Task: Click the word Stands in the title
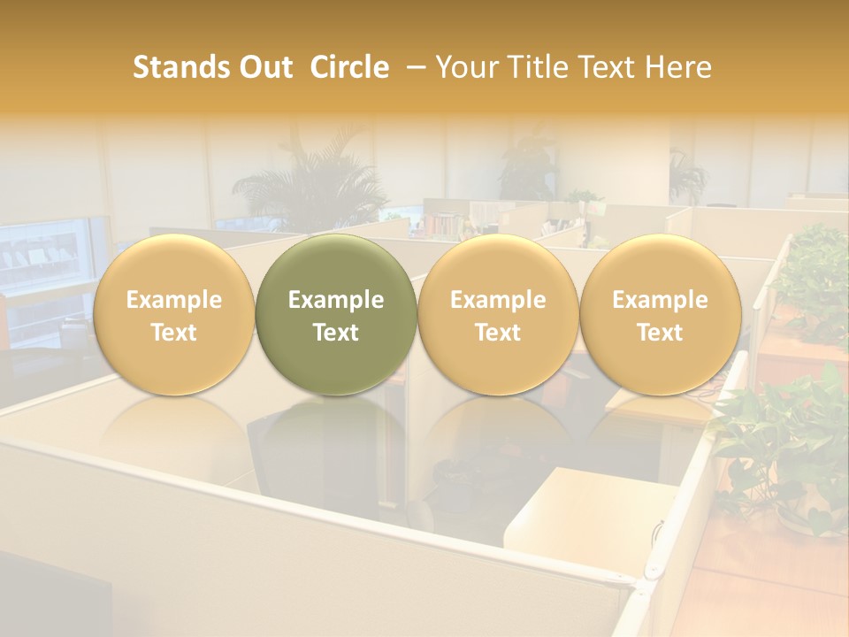click(x=180, y=67)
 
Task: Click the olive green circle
click(x=336, y=315)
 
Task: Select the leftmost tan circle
click(x=173, y=315)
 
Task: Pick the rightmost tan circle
click(x=660, y=315)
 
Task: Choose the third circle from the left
click(x=498, y=315)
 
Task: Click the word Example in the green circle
click(x=336, y=300)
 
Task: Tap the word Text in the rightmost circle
click(x=660, y=333)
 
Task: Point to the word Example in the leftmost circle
click(x=173, y=300)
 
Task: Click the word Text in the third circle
click(x=498, y=333)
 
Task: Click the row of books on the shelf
click(x=447, y=226)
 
